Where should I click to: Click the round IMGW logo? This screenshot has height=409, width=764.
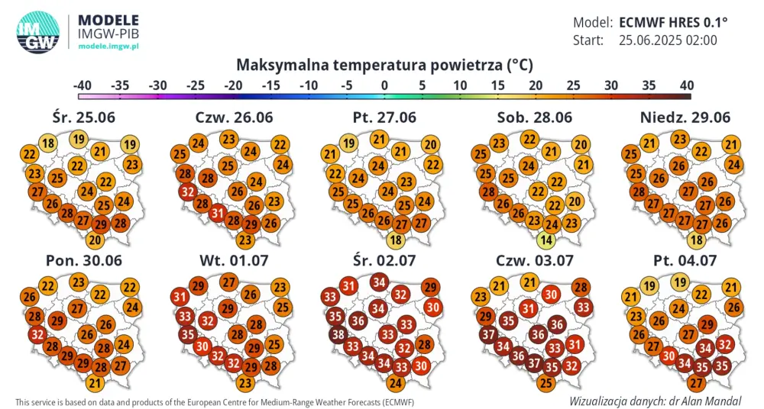[37, 33]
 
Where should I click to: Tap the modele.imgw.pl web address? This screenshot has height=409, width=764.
[108, 47]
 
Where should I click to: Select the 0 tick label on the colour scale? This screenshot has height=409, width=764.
[384, 84]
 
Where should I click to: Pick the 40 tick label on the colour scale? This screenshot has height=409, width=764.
[685, 84]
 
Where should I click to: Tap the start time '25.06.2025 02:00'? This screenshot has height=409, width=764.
[668, 40]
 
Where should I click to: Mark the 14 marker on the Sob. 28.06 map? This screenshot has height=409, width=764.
[545, 240]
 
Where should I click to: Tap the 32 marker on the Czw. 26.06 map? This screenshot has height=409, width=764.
[186, 192]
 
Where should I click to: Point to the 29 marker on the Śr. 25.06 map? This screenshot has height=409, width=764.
[100, 224]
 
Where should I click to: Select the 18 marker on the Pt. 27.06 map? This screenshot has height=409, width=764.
[396, 240]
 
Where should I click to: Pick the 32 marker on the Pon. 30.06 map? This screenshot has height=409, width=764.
[37, 333]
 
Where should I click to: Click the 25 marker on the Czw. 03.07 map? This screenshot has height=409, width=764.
[545, 382]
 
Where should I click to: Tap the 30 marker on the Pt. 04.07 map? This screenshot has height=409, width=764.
[667, 355]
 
